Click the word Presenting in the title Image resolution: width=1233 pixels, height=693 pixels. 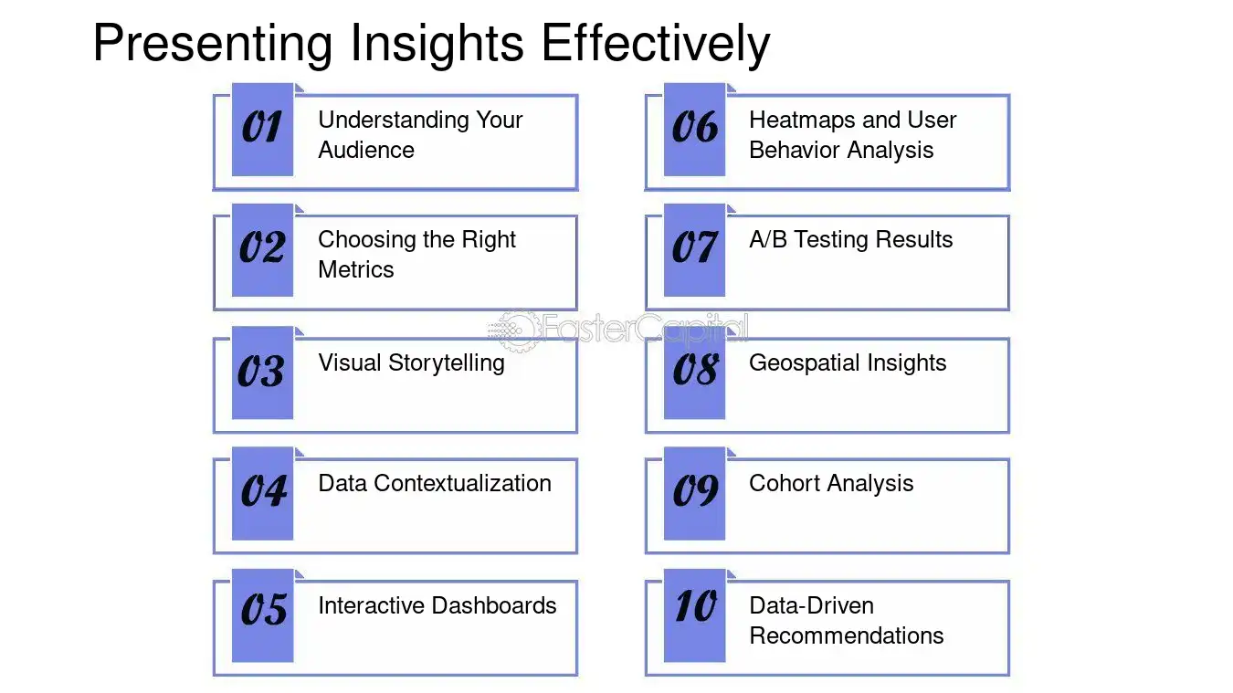pyautogui.click(x=213, y=44)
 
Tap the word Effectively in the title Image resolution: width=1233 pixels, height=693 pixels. pyautogui.click(x=656, y=44)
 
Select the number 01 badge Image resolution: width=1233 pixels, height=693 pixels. pyautogui.click(x=262, y=130)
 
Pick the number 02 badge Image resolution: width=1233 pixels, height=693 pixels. pyautogui.click(x=262, y=250)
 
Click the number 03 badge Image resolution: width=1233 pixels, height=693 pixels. pyautogui.click(x=262, y=373)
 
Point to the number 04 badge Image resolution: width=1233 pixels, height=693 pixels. pyautogui.click(x=262, y=493)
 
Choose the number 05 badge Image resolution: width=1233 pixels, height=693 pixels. pyautogui.click(x=262, y=615)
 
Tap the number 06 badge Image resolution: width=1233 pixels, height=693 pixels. pyautogui.click(x=695, y=130)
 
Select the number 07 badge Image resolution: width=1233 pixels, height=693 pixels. pyautogui.click(x=695, y=250)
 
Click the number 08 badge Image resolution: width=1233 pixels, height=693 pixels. pyautogui.click(x=695, y=373)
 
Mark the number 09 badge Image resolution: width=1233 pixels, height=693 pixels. pyautogui.click(x=695, y=493)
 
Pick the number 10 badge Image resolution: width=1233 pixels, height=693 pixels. pyautogui.click(x=695, y=615)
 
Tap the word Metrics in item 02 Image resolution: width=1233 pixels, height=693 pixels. pyautogui.click(x=356, y=269)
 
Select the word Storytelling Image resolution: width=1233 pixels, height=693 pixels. pyautogui.click(x=447, y=363)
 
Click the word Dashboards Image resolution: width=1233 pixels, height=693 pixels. pyautogui.click(x=494, y=605)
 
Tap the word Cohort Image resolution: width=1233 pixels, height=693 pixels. pyautogui.click(x=785, y=483)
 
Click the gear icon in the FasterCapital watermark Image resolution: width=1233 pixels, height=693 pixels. pyautogui.click(x=518, y=331)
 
